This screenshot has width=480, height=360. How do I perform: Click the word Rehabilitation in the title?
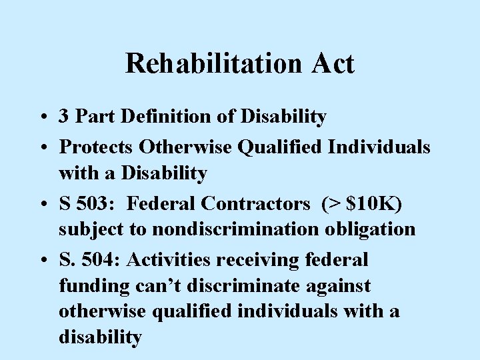(x=205, y=63)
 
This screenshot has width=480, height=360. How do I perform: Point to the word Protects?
(x=99, y=145)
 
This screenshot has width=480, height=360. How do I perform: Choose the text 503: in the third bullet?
(x=99, y=201)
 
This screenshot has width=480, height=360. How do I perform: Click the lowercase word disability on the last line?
(x=100, y=337)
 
